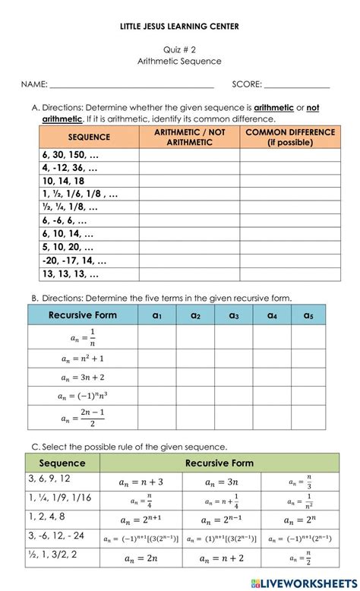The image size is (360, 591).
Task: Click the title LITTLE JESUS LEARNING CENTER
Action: [x=179, y=27]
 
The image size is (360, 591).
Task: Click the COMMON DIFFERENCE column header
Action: [x=289, y=137]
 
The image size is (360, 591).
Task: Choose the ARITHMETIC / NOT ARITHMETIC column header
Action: [x=189, y=137]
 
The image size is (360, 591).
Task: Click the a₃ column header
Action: [x=233, y=315]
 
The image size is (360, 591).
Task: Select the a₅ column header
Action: [x=308, y=315]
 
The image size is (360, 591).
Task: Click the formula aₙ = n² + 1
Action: [x=82, y=357]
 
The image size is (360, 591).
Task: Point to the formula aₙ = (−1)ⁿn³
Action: [x=82, y=396]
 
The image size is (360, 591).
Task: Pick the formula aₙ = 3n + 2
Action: [x=82, y=377]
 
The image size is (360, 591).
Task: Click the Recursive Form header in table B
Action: [x=82, y=315]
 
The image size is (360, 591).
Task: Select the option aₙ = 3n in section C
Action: [x=221, y=482]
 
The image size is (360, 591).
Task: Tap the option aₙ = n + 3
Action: [x=141, y=482]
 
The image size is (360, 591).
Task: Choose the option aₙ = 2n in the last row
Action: [x=141, y=558]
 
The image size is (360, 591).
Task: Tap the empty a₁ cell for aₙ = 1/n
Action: [x=158, y=337]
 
